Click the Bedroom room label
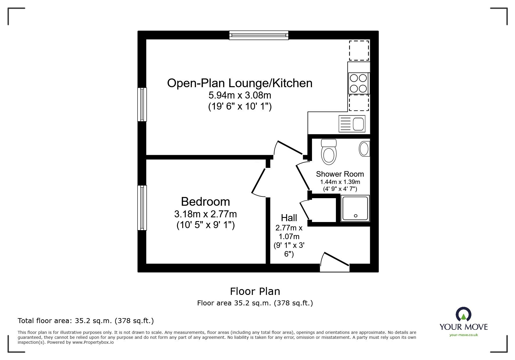coord(205,202)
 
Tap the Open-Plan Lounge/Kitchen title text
coord(240,83)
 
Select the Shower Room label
coord(340,174)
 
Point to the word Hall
coord(289,218)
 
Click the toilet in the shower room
coord(329,152)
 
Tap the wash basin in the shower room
coord(365,149)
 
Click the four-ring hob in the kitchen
coord(359,83)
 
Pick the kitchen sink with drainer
coord(352,124)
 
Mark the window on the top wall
coord(259,35)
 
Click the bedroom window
coord(142,208)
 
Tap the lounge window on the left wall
coord(142,104)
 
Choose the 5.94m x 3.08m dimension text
coord(240,95)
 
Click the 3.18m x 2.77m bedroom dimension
coord(205,214)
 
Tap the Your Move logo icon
coord(463,314)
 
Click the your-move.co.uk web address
coord(464,335)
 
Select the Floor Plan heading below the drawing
coord(255,291)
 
